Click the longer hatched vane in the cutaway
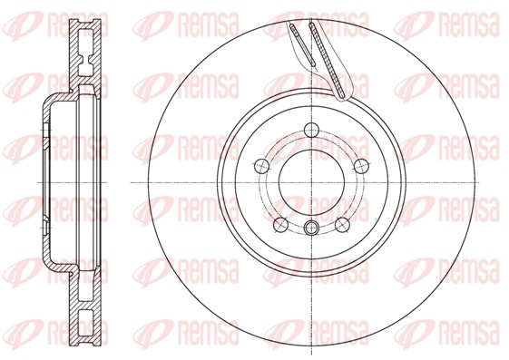click(x=328, y=59)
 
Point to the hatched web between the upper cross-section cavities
click(x=84, y=56)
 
